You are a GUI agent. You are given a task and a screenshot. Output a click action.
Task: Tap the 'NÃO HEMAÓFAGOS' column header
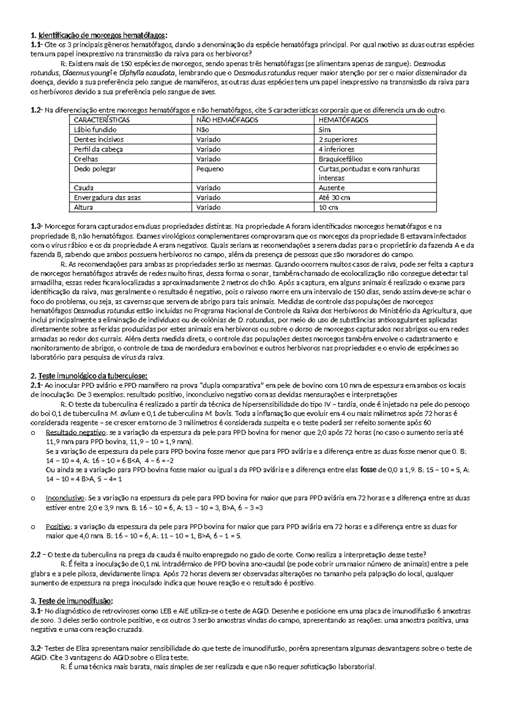[x=227, y=120]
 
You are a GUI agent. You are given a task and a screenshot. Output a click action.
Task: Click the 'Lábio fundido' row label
[x=95, y=129]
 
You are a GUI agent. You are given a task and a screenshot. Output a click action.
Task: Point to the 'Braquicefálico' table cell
[x=340, y=159]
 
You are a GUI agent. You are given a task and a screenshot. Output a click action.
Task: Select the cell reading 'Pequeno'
[x=210, y=169]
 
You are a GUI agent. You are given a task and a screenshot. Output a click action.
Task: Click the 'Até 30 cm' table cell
[x=334, y=197]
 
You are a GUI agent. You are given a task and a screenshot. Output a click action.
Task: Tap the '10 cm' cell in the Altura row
[x=328, y=207]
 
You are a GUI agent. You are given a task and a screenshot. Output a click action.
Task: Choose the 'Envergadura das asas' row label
[x=107, y=197]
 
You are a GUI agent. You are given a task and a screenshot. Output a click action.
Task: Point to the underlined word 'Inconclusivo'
[x=65, y=498]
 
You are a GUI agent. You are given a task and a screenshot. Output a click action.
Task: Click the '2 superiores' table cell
[x=338, y=139]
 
